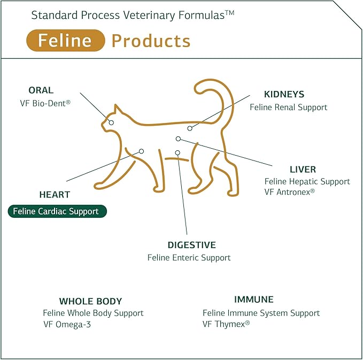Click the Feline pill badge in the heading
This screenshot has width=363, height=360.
coord(65,41)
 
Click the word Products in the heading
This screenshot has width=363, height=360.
coord(151,41)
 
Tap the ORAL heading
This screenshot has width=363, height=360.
coord(41,90)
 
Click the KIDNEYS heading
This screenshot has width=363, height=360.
coord(284,95)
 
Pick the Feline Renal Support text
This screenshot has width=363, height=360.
coord(288,107)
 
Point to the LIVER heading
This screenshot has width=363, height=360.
coord(303,170)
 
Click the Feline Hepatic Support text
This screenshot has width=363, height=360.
coord(307,181)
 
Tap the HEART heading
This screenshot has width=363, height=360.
coord(55,195)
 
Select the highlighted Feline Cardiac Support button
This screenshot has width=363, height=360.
coord(57,211)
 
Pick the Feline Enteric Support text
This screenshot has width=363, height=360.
coord(189,257)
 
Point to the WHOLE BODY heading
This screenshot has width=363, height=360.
coord(90,301)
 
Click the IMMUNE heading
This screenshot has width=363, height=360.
coord(253,300)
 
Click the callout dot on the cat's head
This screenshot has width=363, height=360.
coord(111,122)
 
